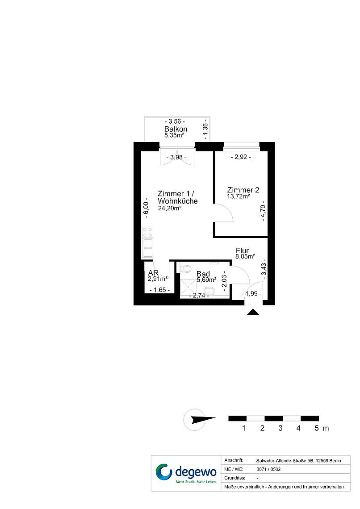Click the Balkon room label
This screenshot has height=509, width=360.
[176, 129]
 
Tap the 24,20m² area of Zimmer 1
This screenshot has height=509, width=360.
[169, 209]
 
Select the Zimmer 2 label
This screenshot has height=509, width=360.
[243, 190]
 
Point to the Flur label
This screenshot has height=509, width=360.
[242, 250]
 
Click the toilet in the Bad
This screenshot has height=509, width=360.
[185, 269]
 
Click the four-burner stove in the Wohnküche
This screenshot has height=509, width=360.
[147, 233]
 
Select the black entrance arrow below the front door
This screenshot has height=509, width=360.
[253, 312]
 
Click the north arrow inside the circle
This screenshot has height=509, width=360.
[203, 419]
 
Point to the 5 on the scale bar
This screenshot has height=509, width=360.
[317, 428]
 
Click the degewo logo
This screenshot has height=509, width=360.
[186, 473]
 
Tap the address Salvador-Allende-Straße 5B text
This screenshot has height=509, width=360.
[298, 461]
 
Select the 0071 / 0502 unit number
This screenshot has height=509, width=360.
[268, 469]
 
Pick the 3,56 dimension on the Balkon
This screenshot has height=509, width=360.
[175, 121]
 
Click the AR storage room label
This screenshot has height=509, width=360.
[153, 273]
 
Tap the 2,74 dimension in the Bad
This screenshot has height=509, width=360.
[199, 296]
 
